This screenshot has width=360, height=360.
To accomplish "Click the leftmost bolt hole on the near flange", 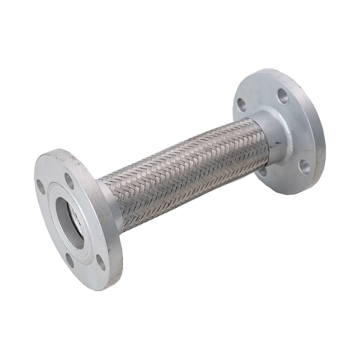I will (41, 186).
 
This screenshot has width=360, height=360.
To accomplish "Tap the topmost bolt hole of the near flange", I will (69, 181).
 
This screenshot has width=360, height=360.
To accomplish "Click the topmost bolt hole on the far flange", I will (283, 96).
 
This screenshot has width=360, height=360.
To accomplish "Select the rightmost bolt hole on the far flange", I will (305, 167).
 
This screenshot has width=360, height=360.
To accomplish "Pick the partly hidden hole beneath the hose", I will (263, 172).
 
